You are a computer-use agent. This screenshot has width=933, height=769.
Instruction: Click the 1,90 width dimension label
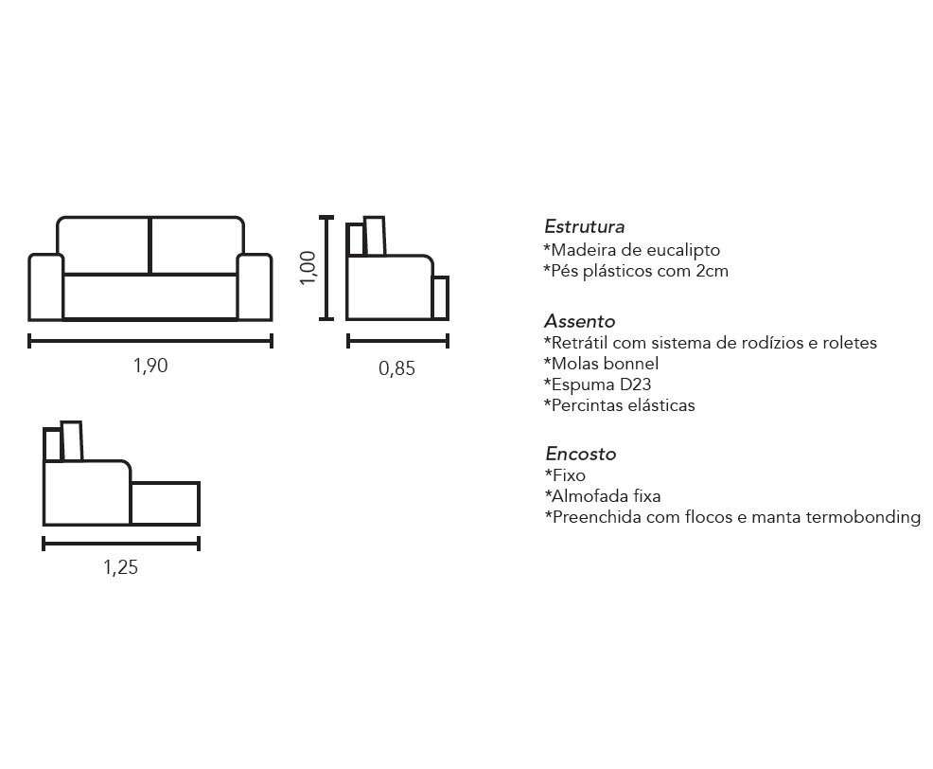point(150,366)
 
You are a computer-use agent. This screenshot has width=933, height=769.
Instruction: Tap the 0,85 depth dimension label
point(396,368)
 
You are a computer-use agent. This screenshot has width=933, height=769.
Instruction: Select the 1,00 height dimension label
point(308,268)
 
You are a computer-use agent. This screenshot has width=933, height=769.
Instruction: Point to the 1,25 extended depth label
point(120,567)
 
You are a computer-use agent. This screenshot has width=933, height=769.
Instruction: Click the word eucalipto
point(683,251)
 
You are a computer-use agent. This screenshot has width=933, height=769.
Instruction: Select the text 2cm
point(712,271)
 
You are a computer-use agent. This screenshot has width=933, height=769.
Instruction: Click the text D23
point(635,384)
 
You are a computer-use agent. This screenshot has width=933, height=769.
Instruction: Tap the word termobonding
point(863,517)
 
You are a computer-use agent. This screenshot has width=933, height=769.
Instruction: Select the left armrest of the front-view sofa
point(45,287)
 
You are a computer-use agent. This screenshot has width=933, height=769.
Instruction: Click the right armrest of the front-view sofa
point(255,287)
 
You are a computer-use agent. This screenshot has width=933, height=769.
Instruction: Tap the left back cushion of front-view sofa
point(103,245)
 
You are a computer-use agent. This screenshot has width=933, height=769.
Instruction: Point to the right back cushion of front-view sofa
point(198,245)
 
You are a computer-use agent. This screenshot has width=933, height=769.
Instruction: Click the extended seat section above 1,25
point(166,503)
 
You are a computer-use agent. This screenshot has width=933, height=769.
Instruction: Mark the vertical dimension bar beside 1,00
point(326,268)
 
